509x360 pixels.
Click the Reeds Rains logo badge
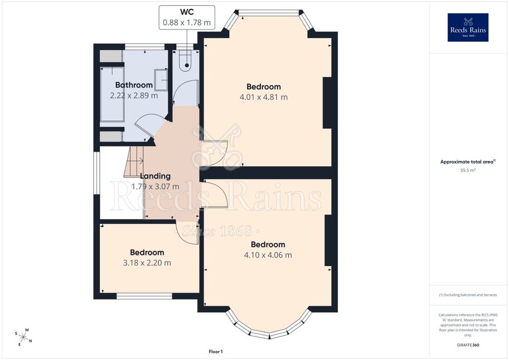468,27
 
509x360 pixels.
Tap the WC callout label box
187,17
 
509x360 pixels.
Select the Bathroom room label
134,85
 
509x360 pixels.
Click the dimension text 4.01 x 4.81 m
264,97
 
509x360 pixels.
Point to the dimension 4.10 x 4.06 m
268,255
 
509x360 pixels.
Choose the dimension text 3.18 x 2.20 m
147,263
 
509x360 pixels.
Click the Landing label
156,176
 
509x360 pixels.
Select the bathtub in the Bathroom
112,94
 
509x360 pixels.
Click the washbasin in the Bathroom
161,80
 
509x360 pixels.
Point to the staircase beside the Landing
134,162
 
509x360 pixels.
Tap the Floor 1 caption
216,352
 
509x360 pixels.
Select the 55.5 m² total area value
468,170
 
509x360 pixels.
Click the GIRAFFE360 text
468,345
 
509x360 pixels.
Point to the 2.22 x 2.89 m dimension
134,96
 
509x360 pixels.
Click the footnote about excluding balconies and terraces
468,295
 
